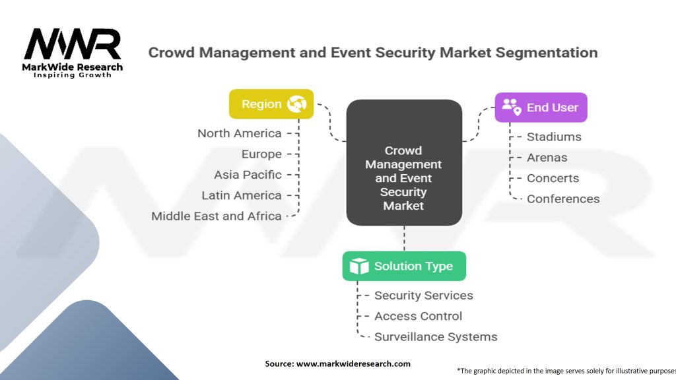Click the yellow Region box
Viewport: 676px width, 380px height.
(x=271, y=104)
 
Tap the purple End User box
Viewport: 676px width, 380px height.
(x=541, y=107)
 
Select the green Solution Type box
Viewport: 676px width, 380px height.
(x=404, y=266)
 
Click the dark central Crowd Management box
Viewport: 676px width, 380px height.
(x=404, y=163)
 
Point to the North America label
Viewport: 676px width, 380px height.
(x=240, y=133)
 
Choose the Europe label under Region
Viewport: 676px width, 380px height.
(x=261, y=154)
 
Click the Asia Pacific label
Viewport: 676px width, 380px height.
(x=248, y=175)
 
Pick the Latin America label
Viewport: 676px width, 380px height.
(x=242, y=195)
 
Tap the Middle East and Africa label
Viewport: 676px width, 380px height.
(x=217, y=216)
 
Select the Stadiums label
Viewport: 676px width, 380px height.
(x=554, y=137)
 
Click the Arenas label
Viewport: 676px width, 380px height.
(x=547, y=158)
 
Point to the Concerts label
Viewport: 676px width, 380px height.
(x=553, y=178)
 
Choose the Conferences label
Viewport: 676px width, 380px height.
(x=563, y=199)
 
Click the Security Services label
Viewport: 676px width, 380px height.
(x=423, y=296)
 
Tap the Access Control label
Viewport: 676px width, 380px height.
(x=418, y=316)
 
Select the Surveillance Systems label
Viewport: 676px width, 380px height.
(x=436, y=336)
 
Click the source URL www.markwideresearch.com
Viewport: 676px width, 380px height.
(x=353, y=364)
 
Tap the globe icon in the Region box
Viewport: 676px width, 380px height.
(x=297, y=104)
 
